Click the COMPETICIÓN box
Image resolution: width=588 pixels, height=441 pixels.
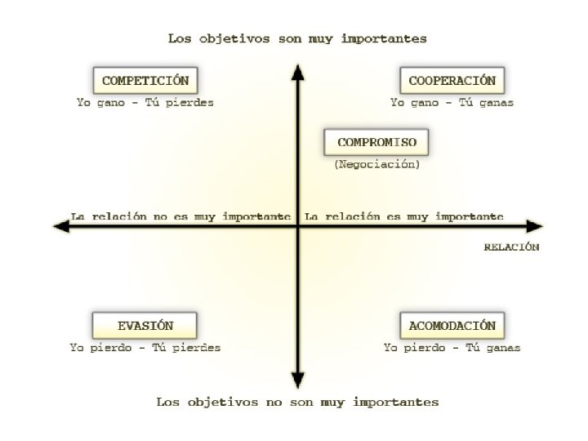pos(145,81)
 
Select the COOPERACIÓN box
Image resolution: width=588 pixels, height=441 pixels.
pos(452,81)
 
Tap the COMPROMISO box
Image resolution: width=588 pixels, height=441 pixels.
pos(376,142)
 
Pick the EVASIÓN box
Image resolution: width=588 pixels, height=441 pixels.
pos(145,325)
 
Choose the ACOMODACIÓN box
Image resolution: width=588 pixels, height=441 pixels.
pos(452,325)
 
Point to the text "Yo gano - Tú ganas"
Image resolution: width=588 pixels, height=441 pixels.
pos(452,103)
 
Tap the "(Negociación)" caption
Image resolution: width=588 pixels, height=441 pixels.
pos(376,164)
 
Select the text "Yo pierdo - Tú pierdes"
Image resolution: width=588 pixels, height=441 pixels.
pos(145,347)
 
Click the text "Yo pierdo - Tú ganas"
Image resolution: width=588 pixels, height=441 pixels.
pos(452,347)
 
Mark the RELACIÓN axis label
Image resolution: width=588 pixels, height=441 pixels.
pos(511,247)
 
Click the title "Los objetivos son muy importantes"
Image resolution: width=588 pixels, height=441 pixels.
pos(297,38)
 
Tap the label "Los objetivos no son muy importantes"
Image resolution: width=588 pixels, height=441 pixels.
pos(297,402)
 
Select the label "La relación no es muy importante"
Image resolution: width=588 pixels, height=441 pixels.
pos(180,216)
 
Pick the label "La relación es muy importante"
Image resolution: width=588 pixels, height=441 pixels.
pos(403,216)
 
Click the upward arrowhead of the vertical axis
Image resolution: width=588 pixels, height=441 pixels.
pos(298,73)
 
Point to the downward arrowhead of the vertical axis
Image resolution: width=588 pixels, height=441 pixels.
pos(298,381)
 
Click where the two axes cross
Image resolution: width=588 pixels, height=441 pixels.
pos(298,226)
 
